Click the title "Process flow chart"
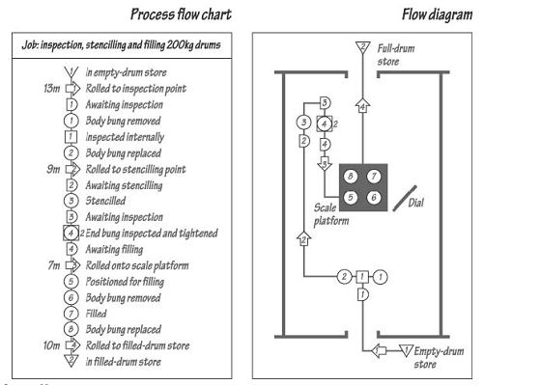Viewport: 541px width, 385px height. point(181,14)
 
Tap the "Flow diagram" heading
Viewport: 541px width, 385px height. point(437,14)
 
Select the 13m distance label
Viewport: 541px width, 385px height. point(52,88)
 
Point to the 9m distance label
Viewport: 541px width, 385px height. point(53,169)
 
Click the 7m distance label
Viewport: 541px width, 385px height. point(54,265)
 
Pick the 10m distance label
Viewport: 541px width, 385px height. point(52,345)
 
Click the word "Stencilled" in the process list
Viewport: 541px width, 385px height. point(105,201)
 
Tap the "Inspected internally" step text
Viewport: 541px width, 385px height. point(125,137)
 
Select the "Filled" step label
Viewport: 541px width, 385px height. point(96,314)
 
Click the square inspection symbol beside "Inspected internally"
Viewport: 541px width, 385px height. point(71,137)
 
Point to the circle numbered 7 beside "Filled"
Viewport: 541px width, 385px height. point(71,314)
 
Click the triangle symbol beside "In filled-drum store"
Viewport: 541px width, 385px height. point(71,361)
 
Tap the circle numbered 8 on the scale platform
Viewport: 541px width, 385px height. point(351,177)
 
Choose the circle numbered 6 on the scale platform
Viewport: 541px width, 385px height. point(374,198)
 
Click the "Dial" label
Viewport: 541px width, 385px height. point(415,203)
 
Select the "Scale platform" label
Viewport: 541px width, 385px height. point(331,214)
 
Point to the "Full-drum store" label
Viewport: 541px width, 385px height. point(396,54)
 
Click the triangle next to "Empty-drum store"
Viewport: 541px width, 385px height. point(406,350)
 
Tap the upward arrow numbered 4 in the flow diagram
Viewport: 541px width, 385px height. point(362,105)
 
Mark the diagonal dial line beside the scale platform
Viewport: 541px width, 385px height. point(405,199)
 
